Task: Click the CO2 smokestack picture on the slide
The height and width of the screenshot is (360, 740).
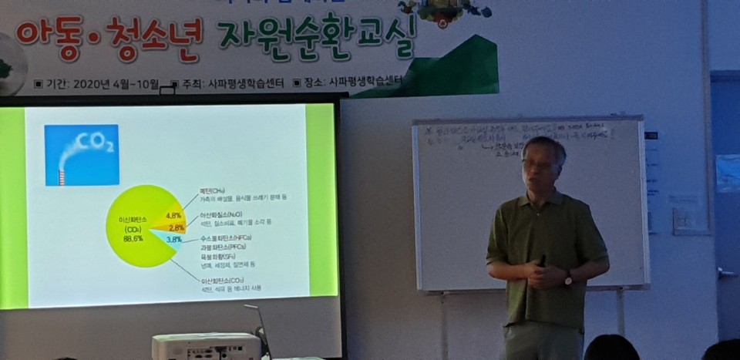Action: click(82, 154)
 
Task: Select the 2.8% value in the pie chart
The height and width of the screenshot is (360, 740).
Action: click(177, 228)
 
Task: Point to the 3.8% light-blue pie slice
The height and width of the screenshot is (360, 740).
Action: click(173, 240)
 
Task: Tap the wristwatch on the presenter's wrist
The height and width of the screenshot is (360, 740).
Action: click(567, 277)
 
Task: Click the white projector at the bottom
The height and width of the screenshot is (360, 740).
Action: click(206, 347)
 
